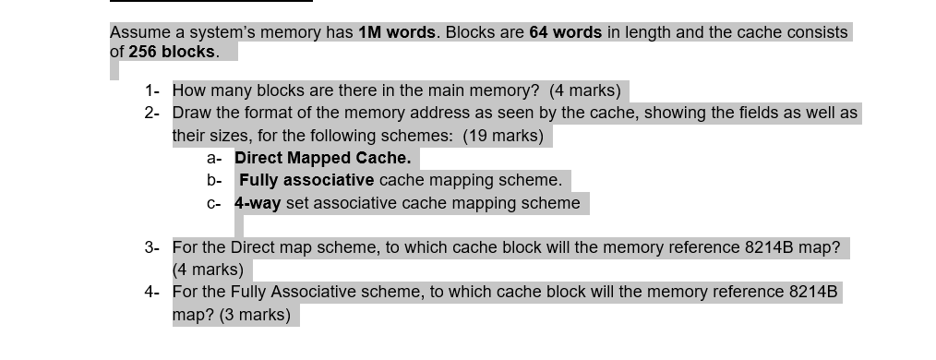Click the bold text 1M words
tap(397, 32)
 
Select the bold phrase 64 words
tap(565, 32)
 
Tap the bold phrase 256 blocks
tap(171, 52)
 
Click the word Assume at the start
tap(138, 32)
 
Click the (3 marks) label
tap(255, 315)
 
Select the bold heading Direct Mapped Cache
tap(323, 158)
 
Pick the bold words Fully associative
tap(306, 180)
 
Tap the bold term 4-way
tap(258, 203)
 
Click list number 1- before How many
tap(152, 90)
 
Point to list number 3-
tap(152, 247)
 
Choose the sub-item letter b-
tap(214, 180)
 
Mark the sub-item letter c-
tap(214, 203)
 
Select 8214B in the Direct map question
tap(769, 247)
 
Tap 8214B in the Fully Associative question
tap(813, 292)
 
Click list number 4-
tap(152, 292)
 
